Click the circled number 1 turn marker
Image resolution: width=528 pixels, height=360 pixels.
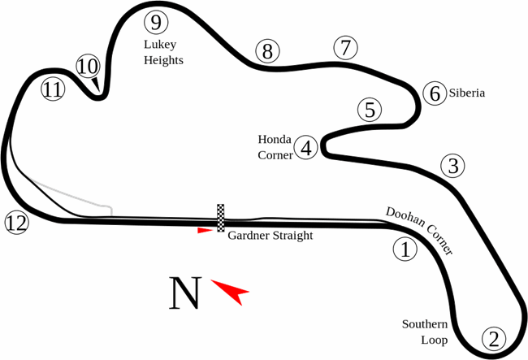point(404,249)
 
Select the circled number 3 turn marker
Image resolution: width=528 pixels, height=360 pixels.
point(453,166)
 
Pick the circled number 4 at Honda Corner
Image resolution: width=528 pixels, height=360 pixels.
point(306,148)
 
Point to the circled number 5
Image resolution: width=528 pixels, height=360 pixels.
point(370,110)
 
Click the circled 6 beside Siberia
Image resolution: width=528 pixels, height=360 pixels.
point(435,93)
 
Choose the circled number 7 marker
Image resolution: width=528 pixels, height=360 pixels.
point(345,48)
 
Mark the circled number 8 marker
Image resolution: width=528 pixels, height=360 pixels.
point(266,51)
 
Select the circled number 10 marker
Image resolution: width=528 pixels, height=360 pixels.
point(89,66)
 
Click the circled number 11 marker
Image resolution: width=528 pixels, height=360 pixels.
point(53,89)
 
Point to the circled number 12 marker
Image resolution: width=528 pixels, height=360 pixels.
point(15,222)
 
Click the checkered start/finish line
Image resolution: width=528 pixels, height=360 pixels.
point(221,218)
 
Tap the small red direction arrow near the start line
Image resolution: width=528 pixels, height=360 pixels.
point(206,231)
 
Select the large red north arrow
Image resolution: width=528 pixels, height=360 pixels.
point(232,291)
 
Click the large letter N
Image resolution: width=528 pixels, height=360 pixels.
point(184,293)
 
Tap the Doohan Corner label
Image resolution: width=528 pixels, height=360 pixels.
point(419,231)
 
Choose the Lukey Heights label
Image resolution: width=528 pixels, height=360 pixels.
point(163,52)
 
